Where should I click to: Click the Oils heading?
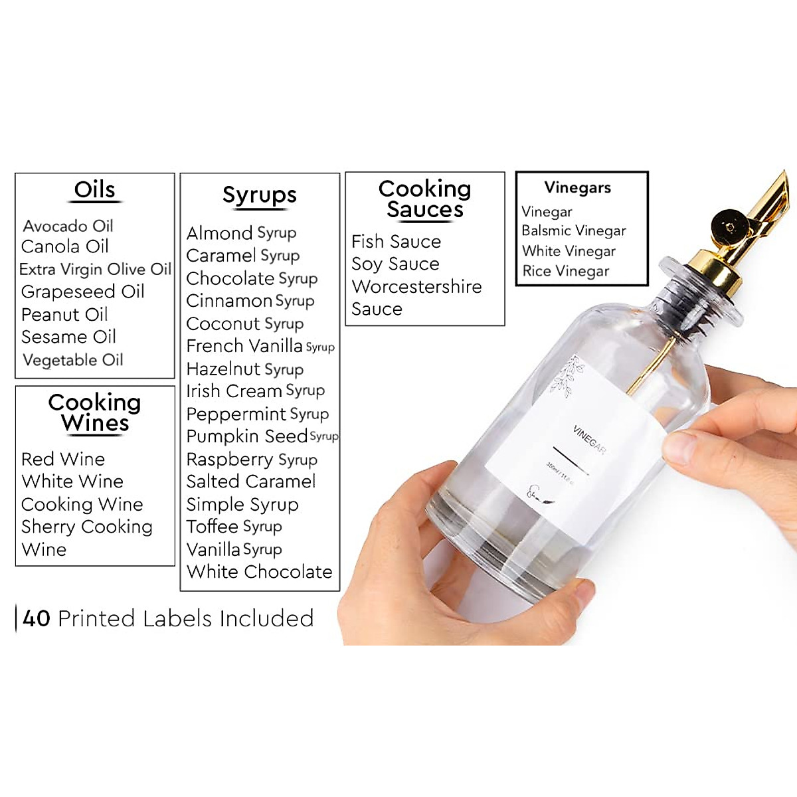[94, 190]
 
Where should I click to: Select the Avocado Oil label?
[68, 226]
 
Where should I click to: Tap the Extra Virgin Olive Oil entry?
[95, 269]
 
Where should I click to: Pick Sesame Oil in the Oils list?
[68, 337]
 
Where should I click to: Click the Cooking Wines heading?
[94, 412]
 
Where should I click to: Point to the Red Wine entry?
[63, 459]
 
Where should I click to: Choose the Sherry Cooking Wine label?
[86, 537]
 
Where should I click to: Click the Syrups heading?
[259, 195]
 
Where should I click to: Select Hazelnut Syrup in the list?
[244, 369]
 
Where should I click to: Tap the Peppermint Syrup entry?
[257, 414]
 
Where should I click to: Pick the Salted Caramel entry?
[250, 482]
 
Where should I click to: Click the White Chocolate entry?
[259, 572]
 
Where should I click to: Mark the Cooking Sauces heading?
[424, 199]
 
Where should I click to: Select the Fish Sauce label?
[396, 241]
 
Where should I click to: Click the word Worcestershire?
[416, 287]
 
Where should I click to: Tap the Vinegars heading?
[577, 188]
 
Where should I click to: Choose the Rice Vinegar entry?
[565, 271]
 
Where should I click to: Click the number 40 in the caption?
[37, 618]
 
